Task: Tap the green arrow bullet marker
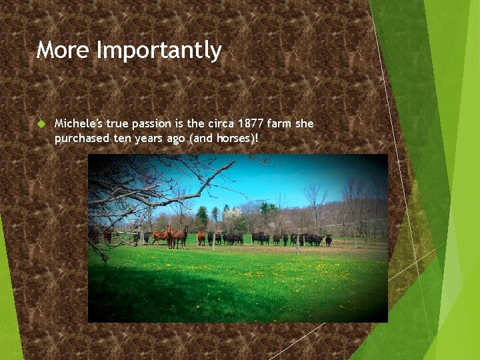41,124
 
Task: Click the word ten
119,137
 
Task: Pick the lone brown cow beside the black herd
201,237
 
